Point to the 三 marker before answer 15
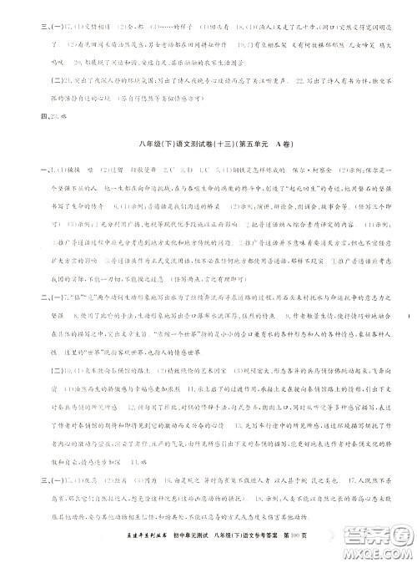[x=30, y=483]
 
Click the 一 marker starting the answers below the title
[x=30, y=169]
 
